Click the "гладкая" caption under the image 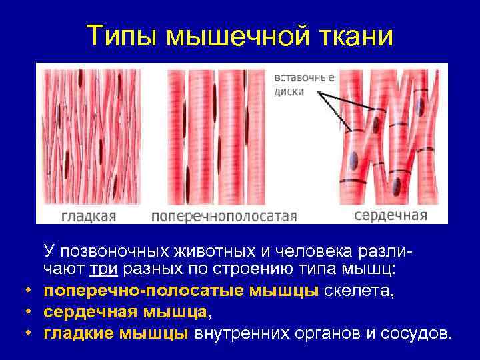(x=89, y=216)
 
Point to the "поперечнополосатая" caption (x=223, y=216)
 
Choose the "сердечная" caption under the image (x=390, y=215)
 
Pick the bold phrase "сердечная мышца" (x=126, y=311)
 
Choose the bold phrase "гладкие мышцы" (x=116, y=333)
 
